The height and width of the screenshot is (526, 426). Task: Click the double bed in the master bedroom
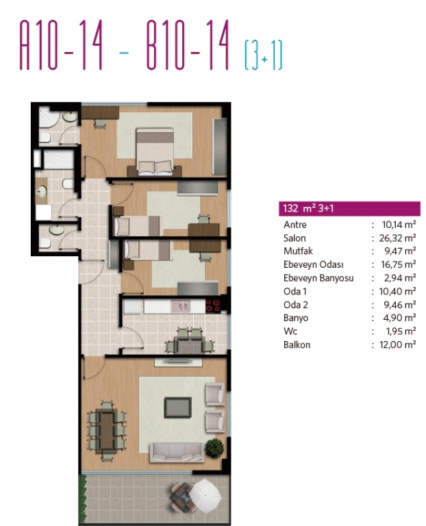[x=155, y=152]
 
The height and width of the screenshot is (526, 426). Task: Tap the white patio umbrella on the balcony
[x=205, y=494]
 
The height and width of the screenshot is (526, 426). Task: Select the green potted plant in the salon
[x=214, y=448]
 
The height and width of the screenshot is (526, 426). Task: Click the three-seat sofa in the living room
[x=177, y=452]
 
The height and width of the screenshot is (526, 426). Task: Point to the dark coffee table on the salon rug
[x=178, y=408]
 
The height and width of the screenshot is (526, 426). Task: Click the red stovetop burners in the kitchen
[x=213, y=305]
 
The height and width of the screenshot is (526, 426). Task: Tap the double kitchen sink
[x=180, y=306]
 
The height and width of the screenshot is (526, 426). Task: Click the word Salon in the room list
[x=295, y=238]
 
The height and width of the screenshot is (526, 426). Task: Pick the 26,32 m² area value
[x=397, y=238]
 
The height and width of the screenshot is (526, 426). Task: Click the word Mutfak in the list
[x=298, y=251]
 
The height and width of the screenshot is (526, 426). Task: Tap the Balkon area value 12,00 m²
[x=398, y=345]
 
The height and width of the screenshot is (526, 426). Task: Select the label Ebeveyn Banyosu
[x=318, y=278]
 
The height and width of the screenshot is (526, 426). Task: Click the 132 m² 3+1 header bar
[x=349, y=208]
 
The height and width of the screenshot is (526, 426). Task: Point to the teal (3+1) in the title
[x=264, y=55]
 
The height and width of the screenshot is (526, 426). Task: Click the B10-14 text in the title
[x=188, y=45]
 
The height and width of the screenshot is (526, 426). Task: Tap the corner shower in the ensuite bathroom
[x=49, y=117]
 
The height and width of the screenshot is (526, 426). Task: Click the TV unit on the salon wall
[x=178, y=362]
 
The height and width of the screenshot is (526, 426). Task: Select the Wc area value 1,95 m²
[x=401, y=331]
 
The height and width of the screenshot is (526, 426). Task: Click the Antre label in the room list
[x=295, y=225]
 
